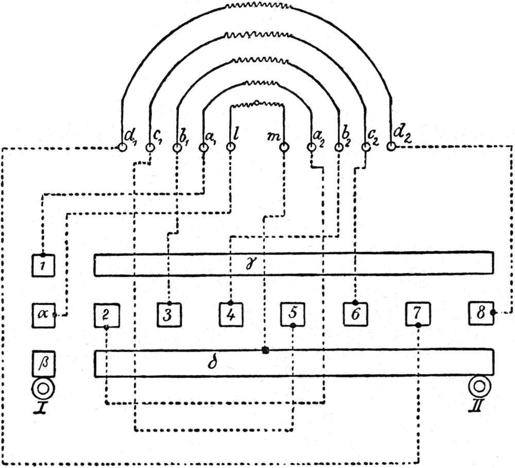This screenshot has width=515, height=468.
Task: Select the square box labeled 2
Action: pos(107,316)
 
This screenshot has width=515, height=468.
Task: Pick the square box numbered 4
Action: pos(231,315)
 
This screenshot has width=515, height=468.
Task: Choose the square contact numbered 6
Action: pos(355,314)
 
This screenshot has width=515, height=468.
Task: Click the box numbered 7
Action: pos(418,314)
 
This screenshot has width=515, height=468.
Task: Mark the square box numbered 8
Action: pos(480,313)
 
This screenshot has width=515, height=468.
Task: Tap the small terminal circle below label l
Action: pos(230,147)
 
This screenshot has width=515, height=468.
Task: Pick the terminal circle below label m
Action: pos(284,147)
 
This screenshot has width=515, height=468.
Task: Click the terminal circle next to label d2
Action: pos(391,146)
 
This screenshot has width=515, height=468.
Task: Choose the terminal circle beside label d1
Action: pos(123,147)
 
